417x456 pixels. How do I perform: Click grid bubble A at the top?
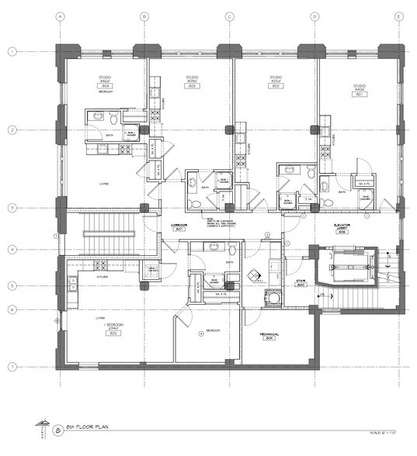pyautogui.click(x=60, y=16)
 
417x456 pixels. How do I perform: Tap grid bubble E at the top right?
pyautogui.click(x=398, y=16)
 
